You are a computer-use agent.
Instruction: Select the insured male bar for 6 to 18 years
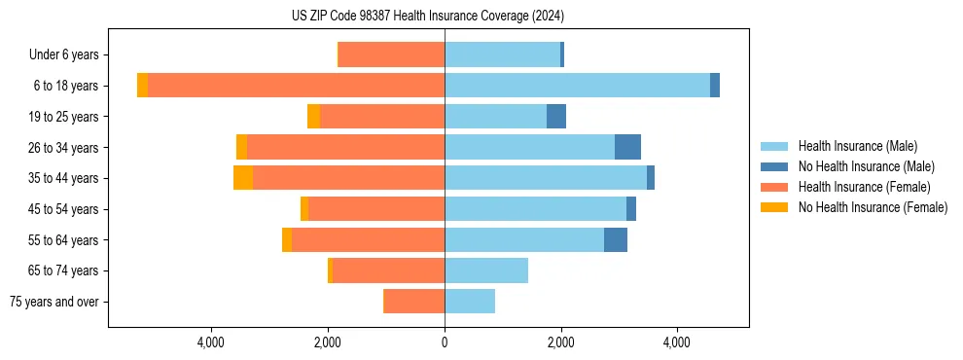point(577,86)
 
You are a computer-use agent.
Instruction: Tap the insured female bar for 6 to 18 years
point(296,86)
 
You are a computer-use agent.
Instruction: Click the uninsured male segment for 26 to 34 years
point(627,147)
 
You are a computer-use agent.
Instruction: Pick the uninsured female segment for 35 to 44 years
point(243,178)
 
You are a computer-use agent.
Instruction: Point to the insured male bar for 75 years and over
point(470,302)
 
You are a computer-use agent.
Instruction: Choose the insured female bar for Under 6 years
point(391,55)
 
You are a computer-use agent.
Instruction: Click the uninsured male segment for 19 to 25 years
point(556,117)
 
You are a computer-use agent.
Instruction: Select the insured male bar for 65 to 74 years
point(486,270)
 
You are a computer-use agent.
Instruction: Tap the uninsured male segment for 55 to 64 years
point(616,239)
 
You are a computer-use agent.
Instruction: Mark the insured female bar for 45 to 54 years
point(376,209)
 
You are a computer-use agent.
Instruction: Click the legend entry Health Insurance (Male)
point(857,146)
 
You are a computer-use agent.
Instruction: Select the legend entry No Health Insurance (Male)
point(866,166)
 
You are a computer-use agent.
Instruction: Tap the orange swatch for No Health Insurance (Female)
point(774,207)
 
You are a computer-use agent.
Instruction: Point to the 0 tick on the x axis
point(445,342)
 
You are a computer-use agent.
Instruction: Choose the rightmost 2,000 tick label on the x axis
point(560,342)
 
